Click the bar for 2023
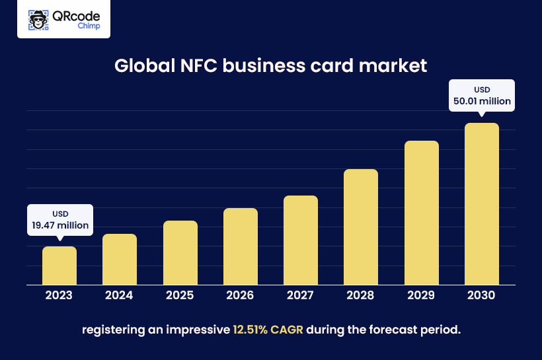[59, 266]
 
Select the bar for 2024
[120, 260]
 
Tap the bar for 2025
[180, 253]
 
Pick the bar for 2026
[241, 246]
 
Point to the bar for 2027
[301, 240]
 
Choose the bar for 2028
[361, 227]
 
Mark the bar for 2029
[422, 213]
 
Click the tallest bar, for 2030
[482, 204]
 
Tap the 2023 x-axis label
[59, 295]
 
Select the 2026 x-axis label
[241, 295]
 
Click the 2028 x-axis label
[361, 295]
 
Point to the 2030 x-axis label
[482, 295]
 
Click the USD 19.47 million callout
[60, 220]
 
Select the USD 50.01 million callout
[482, 95]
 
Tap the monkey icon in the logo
[39, 20]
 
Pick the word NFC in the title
[191, 67]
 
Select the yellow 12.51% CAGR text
[268, 329]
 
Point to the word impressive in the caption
[198, 329]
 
